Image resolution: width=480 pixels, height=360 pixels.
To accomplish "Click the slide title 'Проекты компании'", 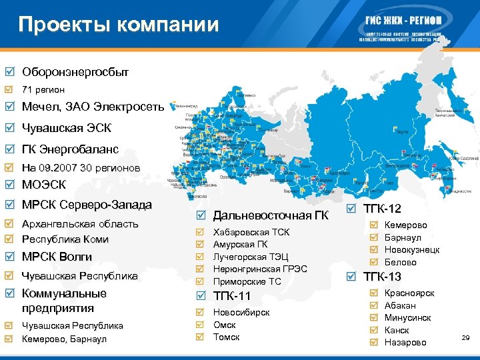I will tap(119, 25).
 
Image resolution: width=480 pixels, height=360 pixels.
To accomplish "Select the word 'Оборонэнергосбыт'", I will tap(75, 71).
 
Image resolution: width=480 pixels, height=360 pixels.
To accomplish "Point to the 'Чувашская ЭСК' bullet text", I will tap(67, 127).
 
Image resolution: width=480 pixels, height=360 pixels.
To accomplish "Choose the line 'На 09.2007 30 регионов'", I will tap(81, 168).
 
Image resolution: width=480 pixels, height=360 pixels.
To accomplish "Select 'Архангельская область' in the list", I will tap(80, 223).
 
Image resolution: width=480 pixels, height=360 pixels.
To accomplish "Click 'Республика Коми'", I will tap(65, 239).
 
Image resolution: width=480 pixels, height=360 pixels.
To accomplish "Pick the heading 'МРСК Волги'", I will tap(57, 257).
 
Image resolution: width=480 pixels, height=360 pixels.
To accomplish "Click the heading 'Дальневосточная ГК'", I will tap(271, 215).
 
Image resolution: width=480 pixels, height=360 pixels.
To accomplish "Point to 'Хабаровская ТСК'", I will tap(251, 233).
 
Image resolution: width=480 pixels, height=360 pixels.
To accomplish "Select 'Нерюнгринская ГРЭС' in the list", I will tap(260, 269).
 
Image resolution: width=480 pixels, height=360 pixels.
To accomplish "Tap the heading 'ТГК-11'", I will tap(232, 296).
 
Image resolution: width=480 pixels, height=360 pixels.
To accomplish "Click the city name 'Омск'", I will tap(225, 325).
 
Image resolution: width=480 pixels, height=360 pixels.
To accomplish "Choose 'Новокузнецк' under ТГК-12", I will tap(412, 250).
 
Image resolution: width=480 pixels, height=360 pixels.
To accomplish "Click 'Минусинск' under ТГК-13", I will tap(408, 317).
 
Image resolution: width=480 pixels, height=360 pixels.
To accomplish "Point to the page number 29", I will tap(465, 339).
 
